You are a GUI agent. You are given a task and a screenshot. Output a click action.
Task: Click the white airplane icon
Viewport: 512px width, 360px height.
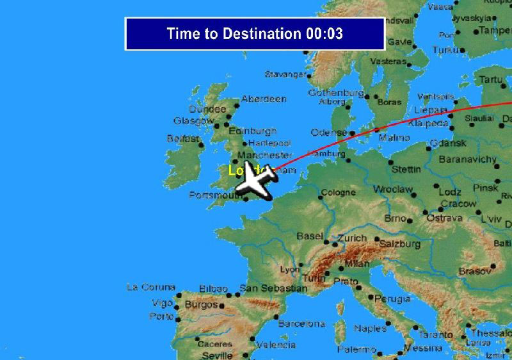(x=255, y=181)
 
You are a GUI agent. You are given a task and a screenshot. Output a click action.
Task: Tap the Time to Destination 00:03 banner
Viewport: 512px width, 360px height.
(x=255, y=34)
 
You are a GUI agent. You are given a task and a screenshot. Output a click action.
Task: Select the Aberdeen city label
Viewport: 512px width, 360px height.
(x=264, y=99)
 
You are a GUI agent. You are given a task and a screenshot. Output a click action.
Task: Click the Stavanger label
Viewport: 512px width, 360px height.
(x=285, y=75)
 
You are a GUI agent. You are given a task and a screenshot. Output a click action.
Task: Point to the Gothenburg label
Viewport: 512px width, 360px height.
(x=335, y=93)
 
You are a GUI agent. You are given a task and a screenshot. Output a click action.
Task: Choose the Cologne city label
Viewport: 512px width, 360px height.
(x=338, y=192)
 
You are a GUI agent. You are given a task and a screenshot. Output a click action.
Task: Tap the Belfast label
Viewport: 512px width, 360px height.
(x=183, y=138)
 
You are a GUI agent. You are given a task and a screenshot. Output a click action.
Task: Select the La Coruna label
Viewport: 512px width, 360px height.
(x=150, y=286)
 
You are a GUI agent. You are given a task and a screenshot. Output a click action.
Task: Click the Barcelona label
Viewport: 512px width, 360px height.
(x=301, y=323)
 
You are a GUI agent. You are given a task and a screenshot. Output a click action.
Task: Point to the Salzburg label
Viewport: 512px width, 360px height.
(x=399, y=244)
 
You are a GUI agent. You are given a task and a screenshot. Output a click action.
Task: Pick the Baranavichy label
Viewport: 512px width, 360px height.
(x=468, y=159)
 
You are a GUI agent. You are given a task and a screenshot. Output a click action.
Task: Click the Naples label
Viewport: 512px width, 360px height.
(x=370, y=329)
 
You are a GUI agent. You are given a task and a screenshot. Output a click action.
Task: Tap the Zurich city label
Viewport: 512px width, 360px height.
(x=352, y=238)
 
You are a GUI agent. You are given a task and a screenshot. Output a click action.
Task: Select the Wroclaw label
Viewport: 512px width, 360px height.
(x=393, y=190)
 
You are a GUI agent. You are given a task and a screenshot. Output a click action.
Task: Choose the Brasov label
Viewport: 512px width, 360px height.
(x=474, y=272)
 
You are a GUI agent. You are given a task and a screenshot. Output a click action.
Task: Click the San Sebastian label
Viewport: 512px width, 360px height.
(x=273, y=288)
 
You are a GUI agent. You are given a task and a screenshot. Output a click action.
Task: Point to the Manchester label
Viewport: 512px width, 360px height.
(x=264, y=155)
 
